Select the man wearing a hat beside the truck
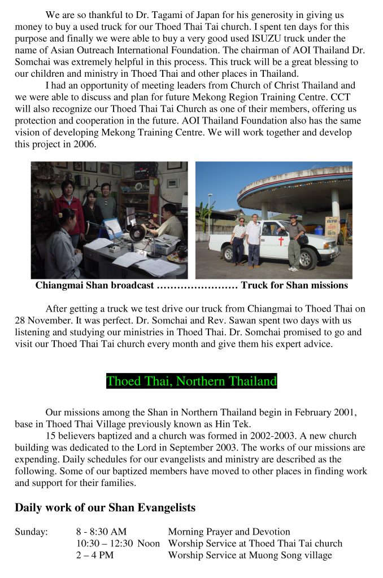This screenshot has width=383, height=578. pyautogui.click(x=294, y=240)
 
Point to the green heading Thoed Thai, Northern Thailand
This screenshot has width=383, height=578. pyautogui.click(x=191, y=381)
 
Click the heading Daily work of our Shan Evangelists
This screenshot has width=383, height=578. pyautogui.click(x=105, y=507)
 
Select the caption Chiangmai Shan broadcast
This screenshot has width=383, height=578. pyautogui.click(x=94, y=285)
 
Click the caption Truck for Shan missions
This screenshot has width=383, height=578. pyautogui.click(x=294, y=285)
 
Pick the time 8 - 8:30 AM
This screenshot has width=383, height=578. pyautogui.click(x=101, y=532)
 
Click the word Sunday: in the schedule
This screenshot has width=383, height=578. pyautogui.click(x=31, y=532)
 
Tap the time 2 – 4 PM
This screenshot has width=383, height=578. pyautogui.click(x=95, y=555)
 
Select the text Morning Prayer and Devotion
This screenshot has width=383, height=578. pyautogui.click(x=229, y=532)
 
